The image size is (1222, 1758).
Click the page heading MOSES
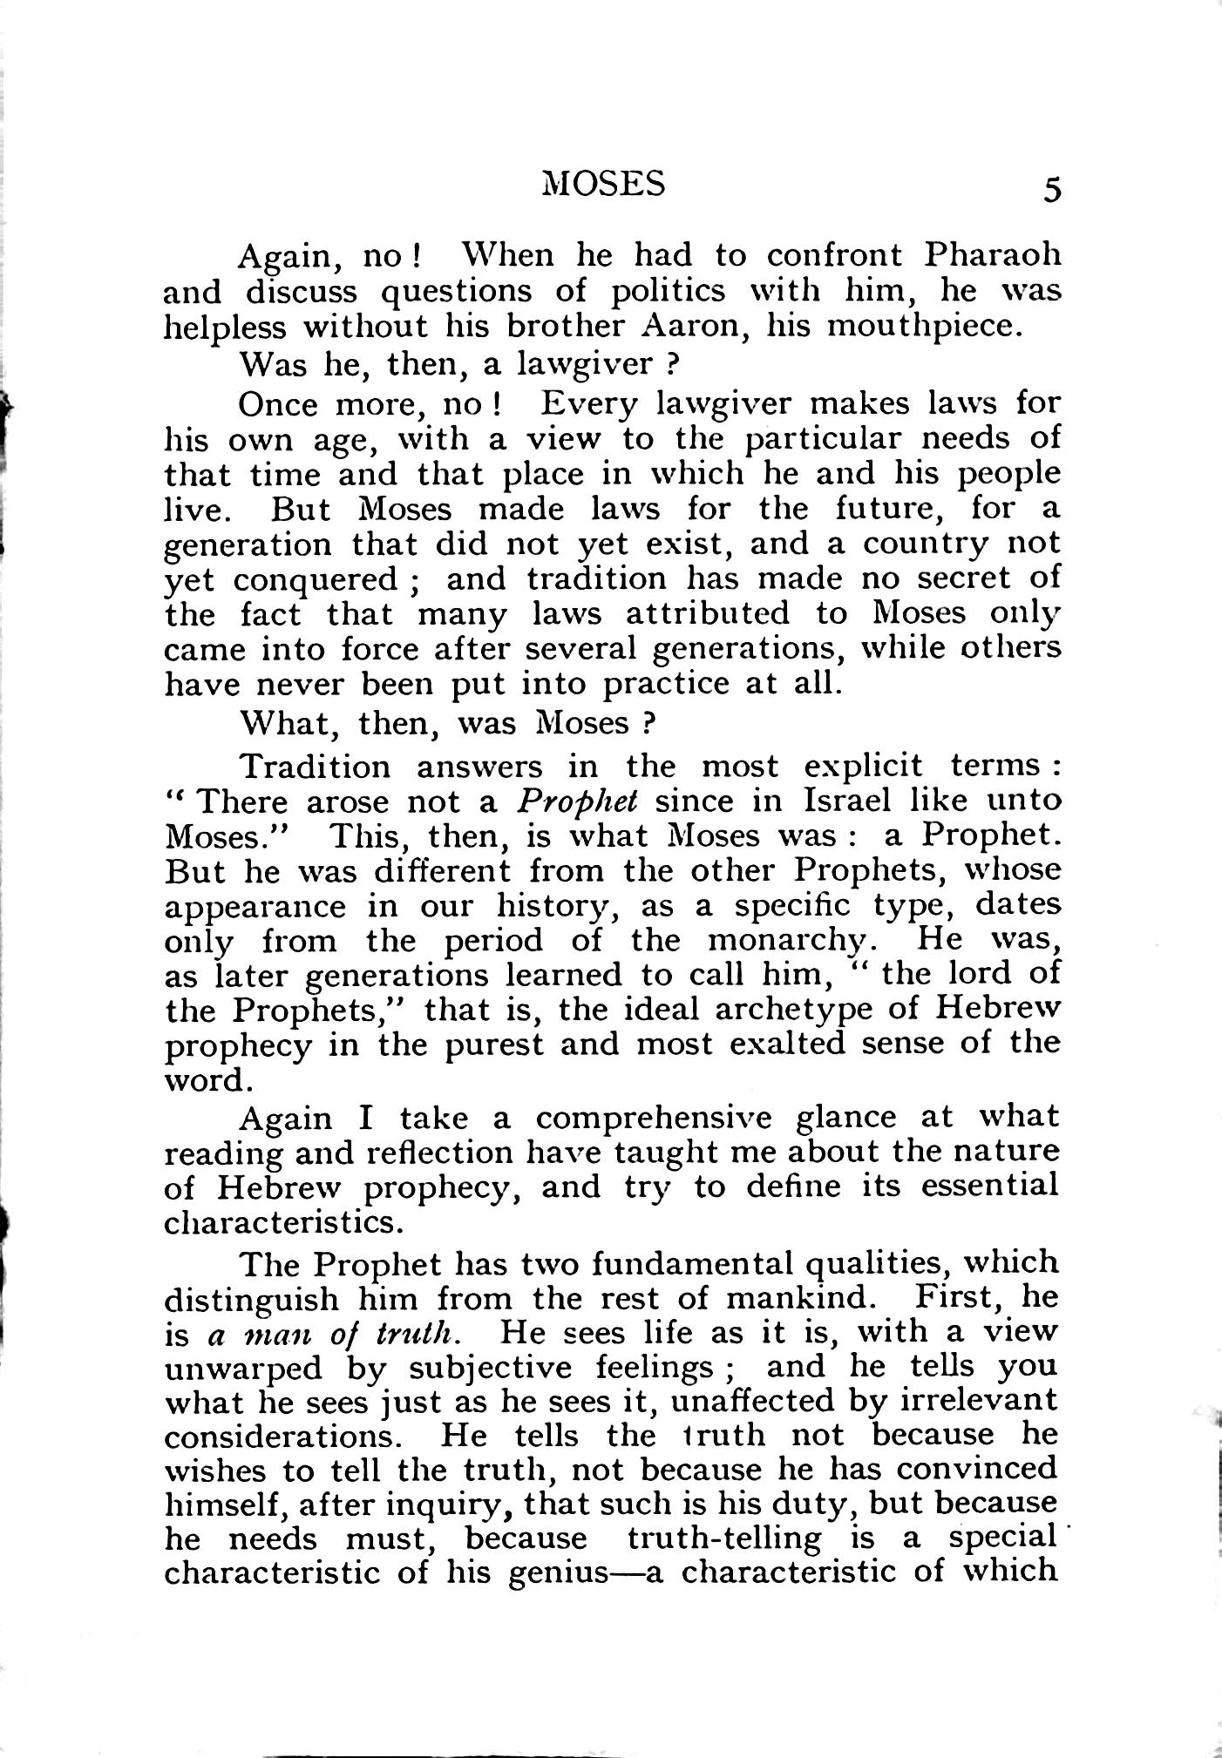click(603, 184)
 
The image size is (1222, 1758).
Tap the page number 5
click(1052, 189)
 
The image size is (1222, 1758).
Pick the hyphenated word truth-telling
click(723, 1538)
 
